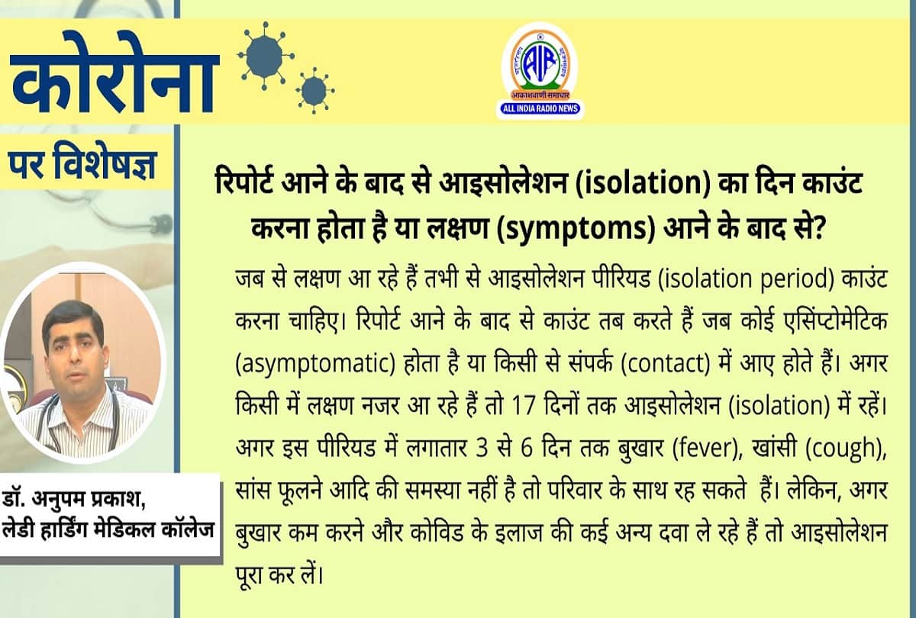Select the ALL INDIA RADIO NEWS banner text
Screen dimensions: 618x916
coord(540,109)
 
